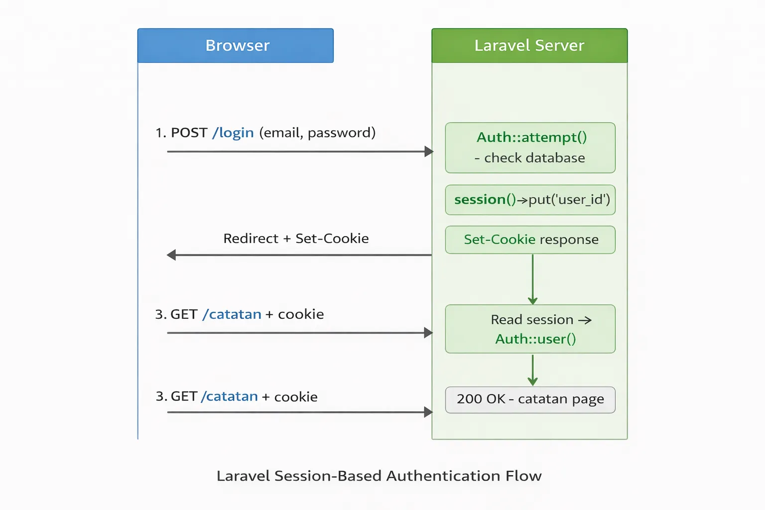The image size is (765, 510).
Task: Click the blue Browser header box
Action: [235, 45]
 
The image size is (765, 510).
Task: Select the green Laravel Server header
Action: [529, 45]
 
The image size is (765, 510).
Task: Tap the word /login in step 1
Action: [233, 133]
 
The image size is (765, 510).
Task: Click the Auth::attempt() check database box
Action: [530, 148]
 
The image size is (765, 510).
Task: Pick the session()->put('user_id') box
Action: [530, 200]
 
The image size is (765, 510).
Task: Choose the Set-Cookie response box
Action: [530, 240]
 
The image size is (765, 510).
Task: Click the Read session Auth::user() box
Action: [530, 329]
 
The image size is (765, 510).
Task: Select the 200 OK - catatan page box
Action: [530, 399]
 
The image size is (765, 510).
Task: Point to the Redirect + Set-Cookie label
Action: [296, 239]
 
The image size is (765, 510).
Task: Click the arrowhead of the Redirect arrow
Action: [172, 255]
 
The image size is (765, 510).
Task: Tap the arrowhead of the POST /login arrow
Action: [429, 151]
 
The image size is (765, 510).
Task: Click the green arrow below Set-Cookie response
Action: [532, 279]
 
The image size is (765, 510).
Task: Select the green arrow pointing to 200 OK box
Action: [532, 371]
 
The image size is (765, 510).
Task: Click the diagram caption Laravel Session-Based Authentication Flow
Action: [379, 476]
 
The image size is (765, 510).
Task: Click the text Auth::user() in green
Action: [535, 339]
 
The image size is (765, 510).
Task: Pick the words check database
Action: [534, 158]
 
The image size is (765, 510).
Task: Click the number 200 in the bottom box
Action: [469, 399]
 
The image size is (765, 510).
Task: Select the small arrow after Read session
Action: [585, 320]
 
